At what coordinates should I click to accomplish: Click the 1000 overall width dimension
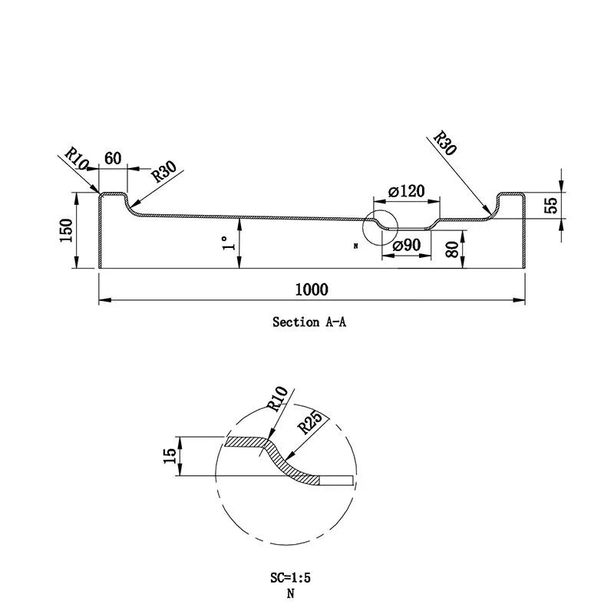coord(311,289)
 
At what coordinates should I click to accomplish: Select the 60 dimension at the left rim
coord(113,159)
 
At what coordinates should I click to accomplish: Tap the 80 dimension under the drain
coord(451,250)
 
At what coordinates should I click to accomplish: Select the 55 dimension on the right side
coord(550,205)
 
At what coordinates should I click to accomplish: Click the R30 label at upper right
coord(445,143)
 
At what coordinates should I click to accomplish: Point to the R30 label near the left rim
coord(164,171)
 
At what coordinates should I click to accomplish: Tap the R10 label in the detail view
coord(277,400)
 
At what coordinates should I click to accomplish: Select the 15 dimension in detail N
coord(170,457)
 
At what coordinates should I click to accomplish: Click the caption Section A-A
coord(309,322)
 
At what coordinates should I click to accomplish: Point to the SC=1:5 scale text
coord(290,578)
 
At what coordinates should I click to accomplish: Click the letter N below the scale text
coord(290,593)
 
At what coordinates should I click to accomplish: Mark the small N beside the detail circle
coord(356,246)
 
